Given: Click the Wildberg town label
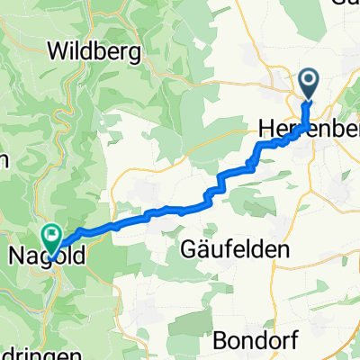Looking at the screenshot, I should [99, 51].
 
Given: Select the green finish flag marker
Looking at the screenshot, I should [52, 238].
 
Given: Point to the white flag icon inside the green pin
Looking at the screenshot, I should [52, 237].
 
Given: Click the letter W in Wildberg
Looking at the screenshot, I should [66, 51].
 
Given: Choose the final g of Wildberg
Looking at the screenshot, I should [135, 53].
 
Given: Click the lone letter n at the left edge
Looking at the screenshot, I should [4, 161].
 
